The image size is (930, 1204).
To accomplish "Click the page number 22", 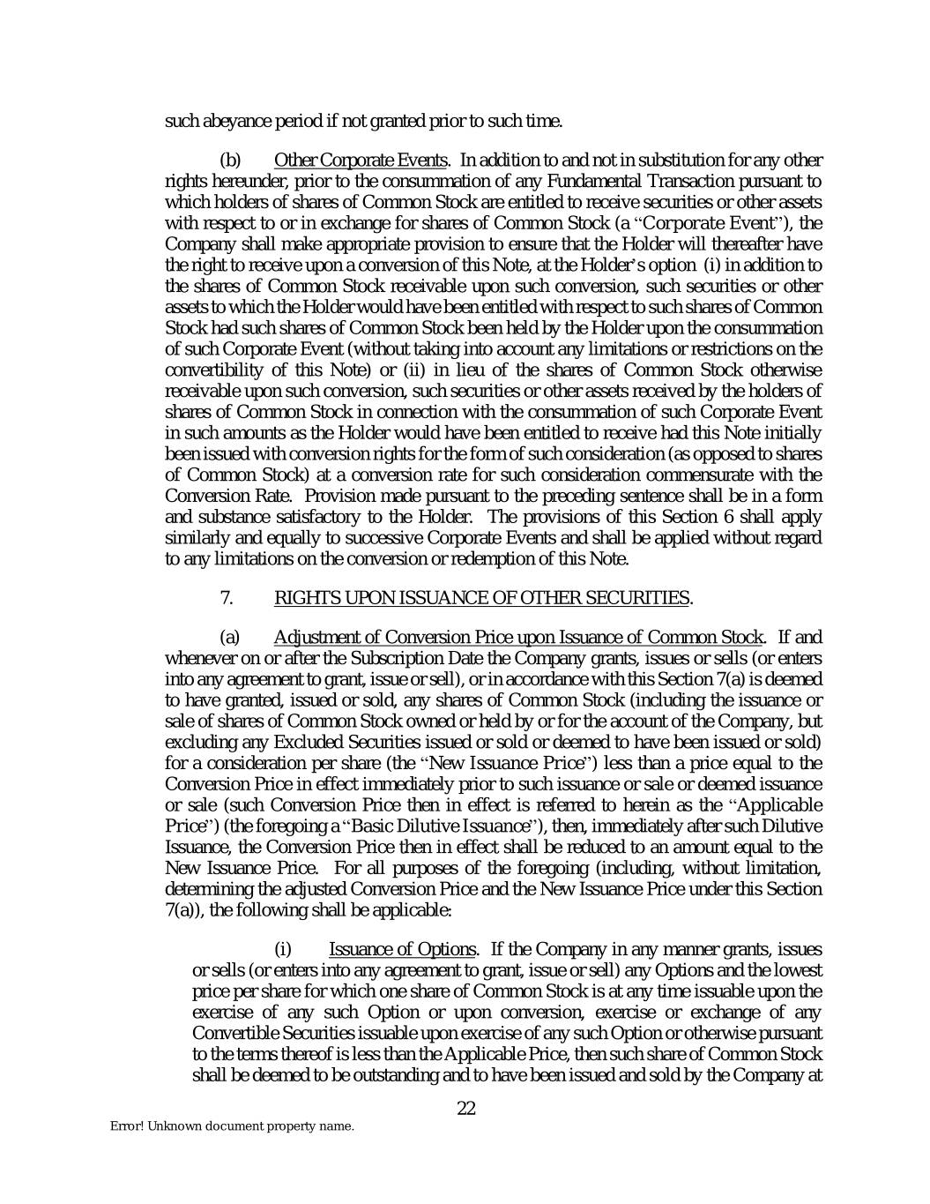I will [466, 1109].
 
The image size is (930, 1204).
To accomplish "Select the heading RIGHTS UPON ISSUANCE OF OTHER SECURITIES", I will [481, 598].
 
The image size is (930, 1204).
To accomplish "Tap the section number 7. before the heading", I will [226, 598].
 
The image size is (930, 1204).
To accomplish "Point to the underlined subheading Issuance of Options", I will [402, 949].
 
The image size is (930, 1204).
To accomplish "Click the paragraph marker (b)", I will [229, 161].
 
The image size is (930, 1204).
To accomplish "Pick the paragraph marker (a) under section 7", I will [229, 637].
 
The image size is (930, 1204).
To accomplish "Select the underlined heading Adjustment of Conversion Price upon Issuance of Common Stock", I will [518, 637].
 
